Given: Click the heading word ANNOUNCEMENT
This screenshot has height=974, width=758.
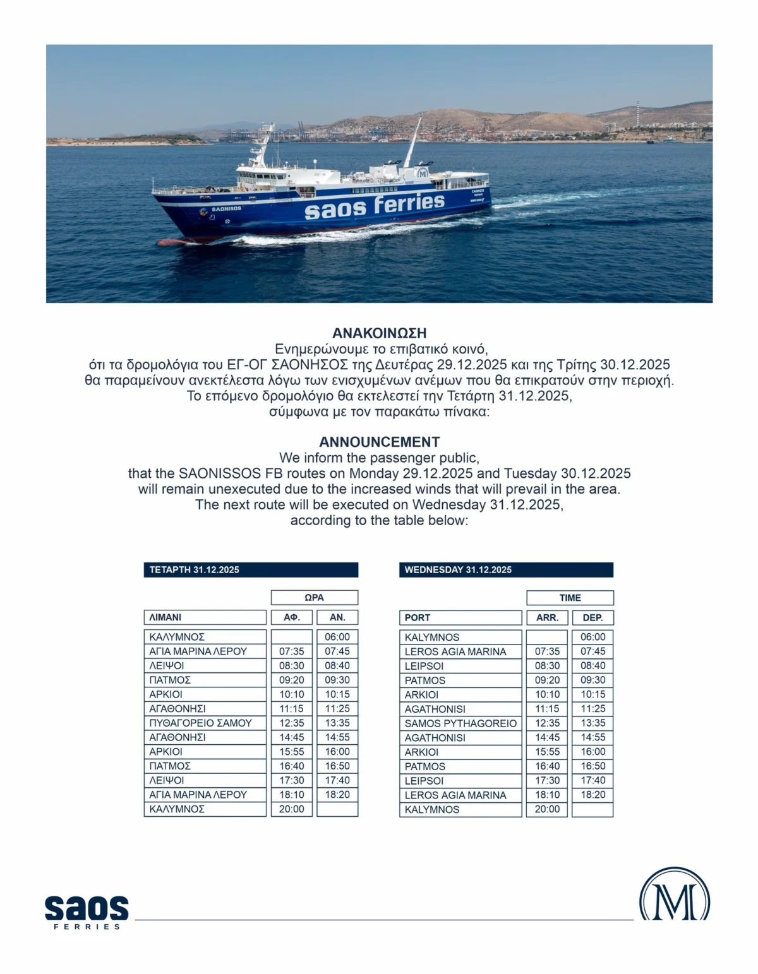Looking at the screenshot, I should [x=379, y=442].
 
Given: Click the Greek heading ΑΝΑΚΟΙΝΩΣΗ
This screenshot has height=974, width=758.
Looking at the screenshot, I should [x=379, y=333].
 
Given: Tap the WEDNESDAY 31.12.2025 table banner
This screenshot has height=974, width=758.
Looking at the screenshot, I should [x=506, y=569].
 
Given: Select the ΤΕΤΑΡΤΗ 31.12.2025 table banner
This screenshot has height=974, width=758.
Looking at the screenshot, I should [x=251, y=569].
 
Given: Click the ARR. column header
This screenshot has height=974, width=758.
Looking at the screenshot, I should [x=547, y=617].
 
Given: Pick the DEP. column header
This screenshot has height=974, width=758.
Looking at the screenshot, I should [x=593, y=617].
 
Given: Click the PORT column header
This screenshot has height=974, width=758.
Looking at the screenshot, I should [x=460, y=617].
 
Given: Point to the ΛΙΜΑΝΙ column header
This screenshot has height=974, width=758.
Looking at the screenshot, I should [x=205, y=617].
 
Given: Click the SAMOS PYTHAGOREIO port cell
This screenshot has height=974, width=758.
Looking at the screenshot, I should [x=460, y=723].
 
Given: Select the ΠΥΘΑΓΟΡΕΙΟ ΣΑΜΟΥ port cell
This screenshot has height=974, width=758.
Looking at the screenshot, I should [x=205, y=723].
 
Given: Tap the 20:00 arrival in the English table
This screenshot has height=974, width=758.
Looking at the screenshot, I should [x=547, y=809].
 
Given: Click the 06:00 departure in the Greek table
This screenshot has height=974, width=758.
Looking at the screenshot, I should [x=337, y=637].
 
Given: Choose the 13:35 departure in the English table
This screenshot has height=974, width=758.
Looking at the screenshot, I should [x=593, y=723].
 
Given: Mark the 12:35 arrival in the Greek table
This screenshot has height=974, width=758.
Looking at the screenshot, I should [x=292, y=723].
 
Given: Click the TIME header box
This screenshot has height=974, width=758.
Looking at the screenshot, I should [x=570, y=598].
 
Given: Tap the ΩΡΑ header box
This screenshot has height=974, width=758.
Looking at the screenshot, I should [x=314, y=598].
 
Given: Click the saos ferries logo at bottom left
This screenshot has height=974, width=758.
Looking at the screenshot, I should [x=87, y=912].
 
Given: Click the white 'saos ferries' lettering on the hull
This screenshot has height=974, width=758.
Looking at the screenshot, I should [x=375, y=206].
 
